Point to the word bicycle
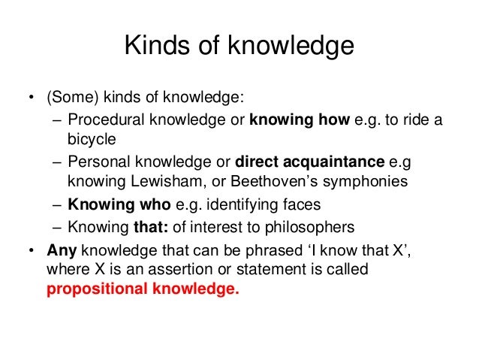(92, 140)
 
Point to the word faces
(298, 205)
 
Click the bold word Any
(62, 250)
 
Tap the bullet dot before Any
(30, 251)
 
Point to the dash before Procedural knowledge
(58, 121)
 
